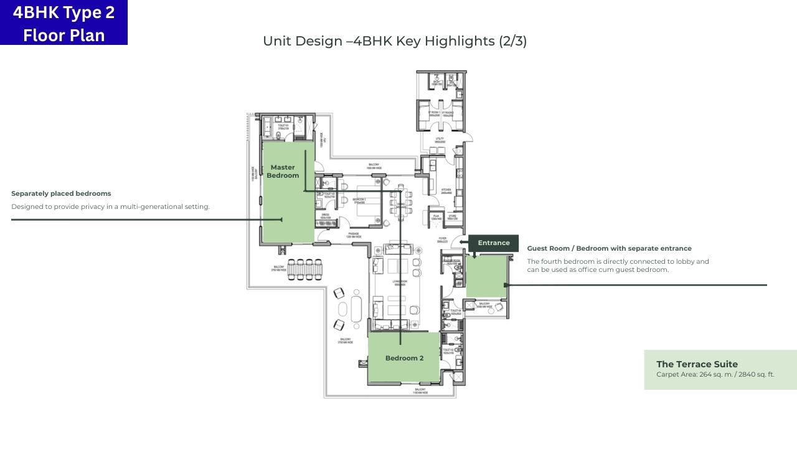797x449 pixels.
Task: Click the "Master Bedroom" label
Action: pos(283,171)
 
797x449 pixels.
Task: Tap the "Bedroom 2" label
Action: pos(404,358)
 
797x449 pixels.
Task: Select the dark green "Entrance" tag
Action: pos(493,243)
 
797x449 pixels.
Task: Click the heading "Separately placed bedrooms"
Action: pos(61,193)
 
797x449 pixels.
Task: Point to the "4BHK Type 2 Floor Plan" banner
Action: pos(64,22)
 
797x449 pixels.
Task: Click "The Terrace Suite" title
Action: pos(697,364)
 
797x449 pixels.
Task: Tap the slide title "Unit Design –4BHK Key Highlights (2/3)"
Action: pos(395,41)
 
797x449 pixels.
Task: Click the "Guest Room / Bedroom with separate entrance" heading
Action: pos(609,248)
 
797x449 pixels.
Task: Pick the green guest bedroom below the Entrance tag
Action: pos(486,278)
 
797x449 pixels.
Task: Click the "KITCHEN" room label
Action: pos(446,190)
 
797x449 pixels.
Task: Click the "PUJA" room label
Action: pos(435,218)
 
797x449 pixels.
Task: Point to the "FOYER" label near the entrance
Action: pos(441,238)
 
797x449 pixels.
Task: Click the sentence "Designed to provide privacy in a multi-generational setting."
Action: pos(110,206)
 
